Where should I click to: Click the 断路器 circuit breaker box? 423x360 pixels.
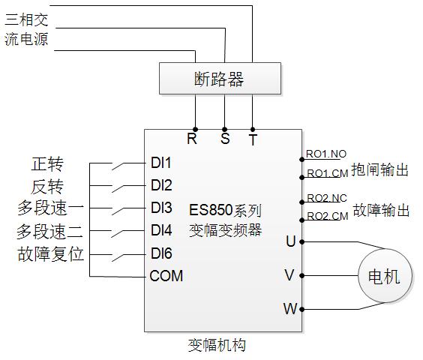pos(220,79)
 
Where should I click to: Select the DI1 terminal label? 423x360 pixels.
pos(161,163)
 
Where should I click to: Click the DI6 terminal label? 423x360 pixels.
pos(161,253)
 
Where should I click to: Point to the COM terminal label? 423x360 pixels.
pos(166,276)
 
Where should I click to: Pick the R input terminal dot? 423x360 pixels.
pos(195,130)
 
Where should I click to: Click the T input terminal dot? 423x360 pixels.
pos(253,130)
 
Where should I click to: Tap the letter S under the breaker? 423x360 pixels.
pos(225,139)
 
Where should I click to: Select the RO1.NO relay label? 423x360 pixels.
pos(326,154)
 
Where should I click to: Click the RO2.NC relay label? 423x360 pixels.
pos(327,198)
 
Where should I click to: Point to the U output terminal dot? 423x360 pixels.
pos(301,242)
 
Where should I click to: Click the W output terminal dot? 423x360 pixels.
pos(301,309)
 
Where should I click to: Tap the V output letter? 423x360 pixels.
pos(289,275)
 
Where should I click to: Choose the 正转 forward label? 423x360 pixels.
pos(47,163)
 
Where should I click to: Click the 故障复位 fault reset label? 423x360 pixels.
pos(50,254)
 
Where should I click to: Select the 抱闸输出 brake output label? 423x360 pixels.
pos(379,170)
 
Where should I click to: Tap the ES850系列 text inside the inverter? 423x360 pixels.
pos(225,210)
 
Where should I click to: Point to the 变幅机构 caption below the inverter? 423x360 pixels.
pos(217,346)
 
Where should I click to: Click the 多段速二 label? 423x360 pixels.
pos(49,232)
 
